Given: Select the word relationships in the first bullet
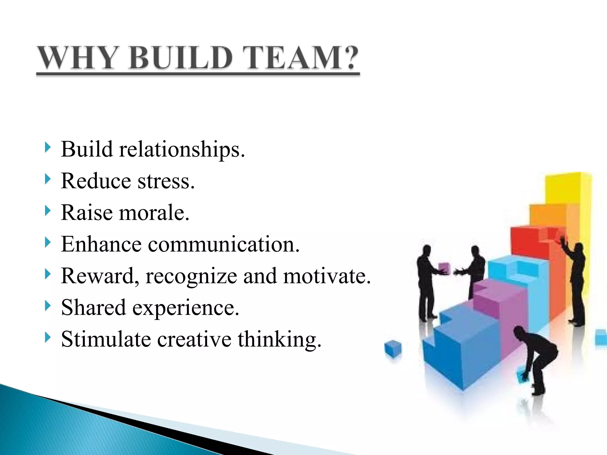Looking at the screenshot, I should click(x=182, y=149).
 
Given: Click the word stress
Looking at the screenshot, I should click(x=166, y=181).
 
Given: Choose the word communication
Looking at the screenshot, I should click(x=224, y=244).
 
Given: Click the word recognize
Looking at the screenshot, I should click(x=191, y=276).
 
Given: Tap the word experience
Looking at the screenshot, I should click(x=186, y=308).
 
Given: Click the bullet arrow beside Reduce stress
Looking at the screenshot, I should click(x=48, y=179).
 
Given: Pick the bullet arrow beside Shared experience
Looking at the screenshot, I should click(x=48, y=306).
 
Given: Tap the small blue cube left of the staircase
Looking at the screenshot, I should click(x=393, y=349).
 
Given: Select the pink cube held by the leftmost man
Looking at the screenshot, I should click(x=444, y=267).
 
